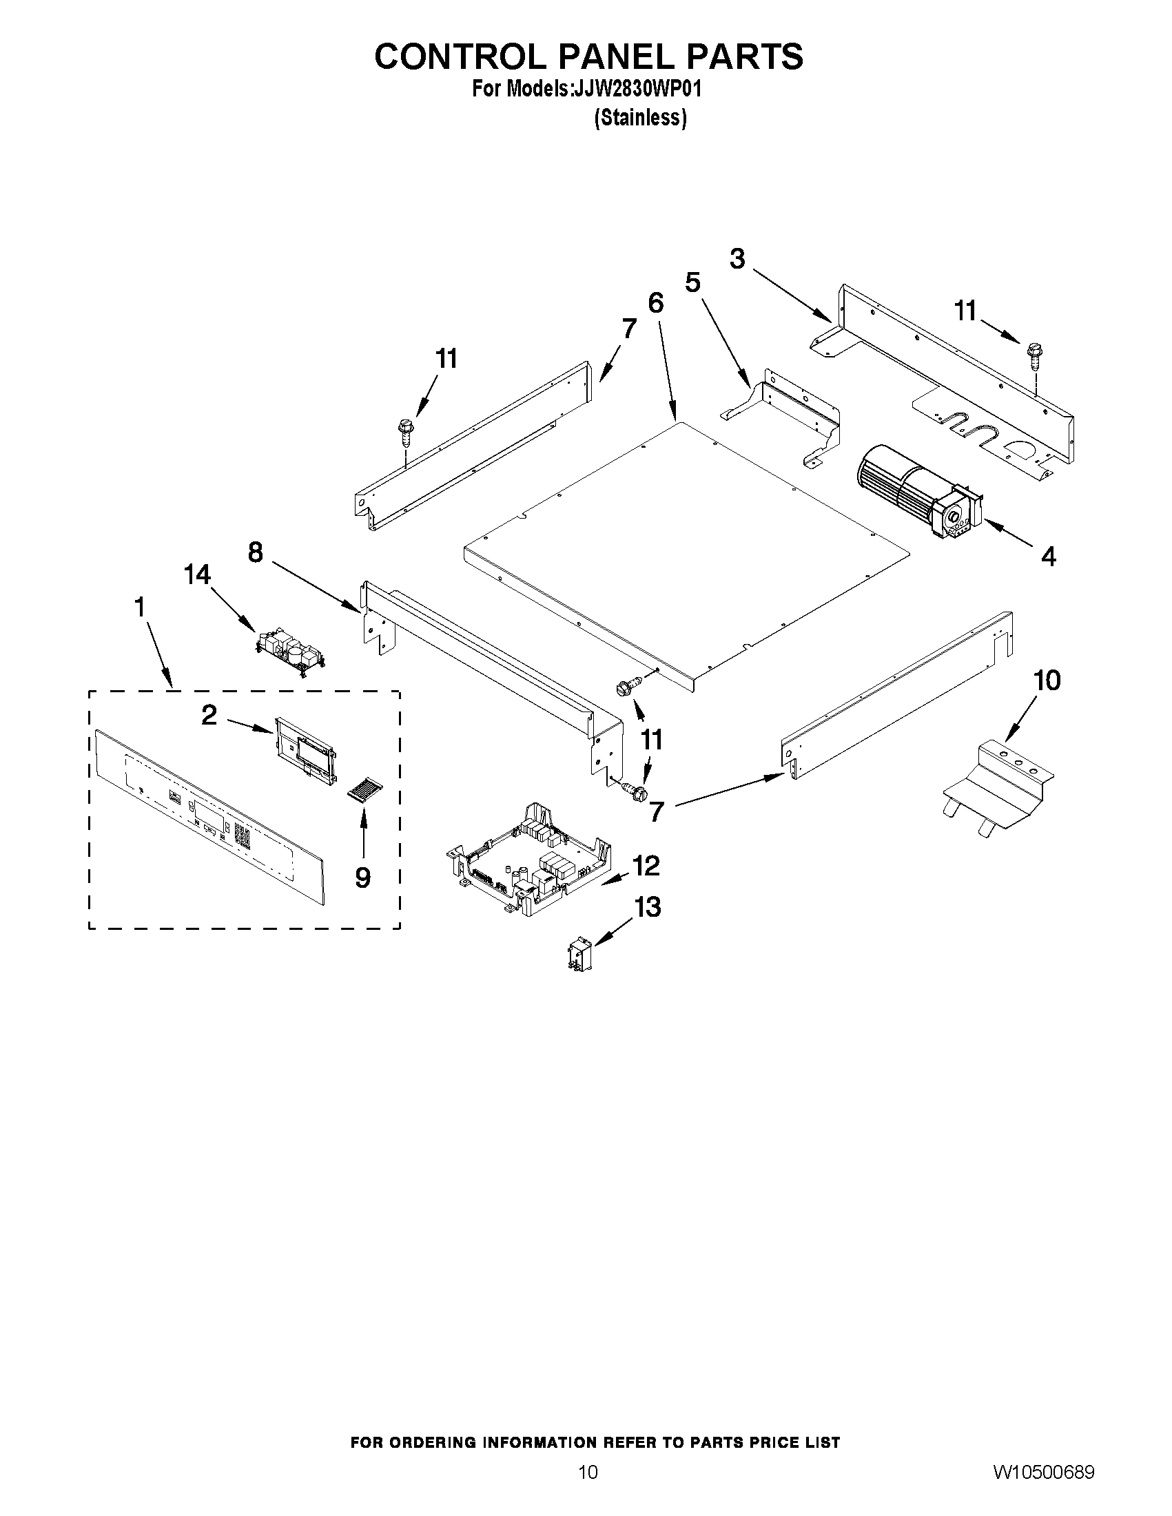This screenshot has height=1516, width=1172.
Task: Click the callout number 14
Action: tap(197, 574)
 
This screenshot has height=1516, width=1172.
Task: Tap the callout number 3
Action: tap(737, 259)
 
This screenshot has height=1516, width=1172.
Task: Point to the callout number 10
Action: tap(1047, 681)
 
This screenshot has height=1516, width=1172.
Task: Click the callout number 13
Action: tap(647, 906)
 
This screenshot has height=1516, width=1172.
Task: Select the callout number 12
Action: tap(646, 865)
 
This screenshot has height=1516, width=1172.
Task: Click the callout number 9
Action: tap(362, 878)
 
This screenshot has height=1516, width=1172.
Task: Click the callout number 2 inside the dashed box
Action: tap(209, 714)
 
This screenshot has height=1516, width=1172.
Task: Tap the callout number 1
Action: tap(140, 608)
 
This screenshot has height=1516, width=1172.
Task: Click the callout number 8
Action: tap(256, 552)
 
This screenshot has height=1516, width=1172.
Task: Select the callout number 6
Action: tap(655, 303)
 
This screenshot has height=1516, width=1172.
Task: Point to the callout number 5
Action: tap(692, 282)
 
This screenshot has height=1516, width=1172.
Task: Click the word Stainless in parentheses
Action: tap(640, 118)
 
